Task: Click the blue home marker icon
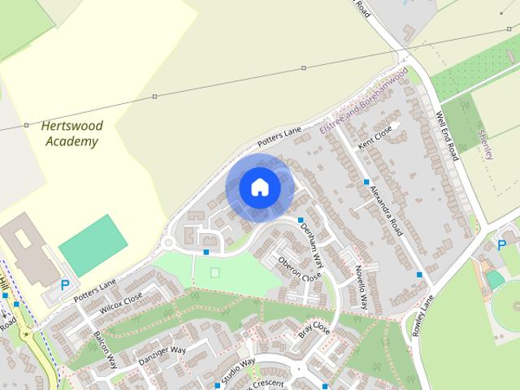tap(260, 188)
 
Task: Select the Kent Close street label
tap(376, 136)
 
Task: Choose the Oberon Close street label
tap(300, 270)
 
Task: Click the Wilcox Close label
tap(121, 303)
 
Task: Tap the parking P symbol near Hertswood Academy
tap(65, 285)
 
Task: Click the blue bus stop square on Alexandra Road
tap(366, 182)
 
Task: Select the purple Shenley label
tap(487, 143)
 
